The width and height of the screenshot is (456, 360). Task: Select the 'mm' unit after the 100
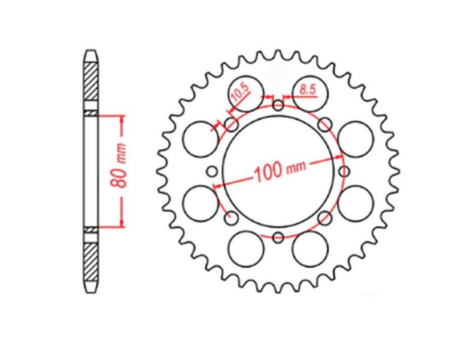tap(295, 167)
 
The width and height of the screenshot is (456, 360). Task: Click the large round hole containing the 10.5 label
tap(246, 92)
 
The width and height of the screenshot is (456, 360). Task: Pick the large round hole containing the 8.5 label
tap(311, 91)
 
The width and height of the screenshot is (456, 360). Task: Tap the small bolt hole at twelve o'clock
tap(278, 105)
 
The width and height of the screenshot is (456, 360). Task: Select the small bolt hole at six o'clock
tap(278, 238)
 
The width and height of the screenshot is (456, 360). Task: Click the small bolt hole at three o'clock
tap(344, 171)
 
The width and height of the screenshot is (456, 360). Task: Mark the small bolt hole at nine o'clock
tap(212, 171)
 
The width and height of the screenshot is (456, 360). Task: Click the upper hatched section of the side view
tap(91, 80)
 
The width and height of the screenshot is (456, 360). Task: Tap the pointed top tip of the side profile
tap(91, 51)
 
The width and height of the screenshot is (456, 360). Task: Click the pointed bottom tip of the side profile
tap(91, 291)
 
